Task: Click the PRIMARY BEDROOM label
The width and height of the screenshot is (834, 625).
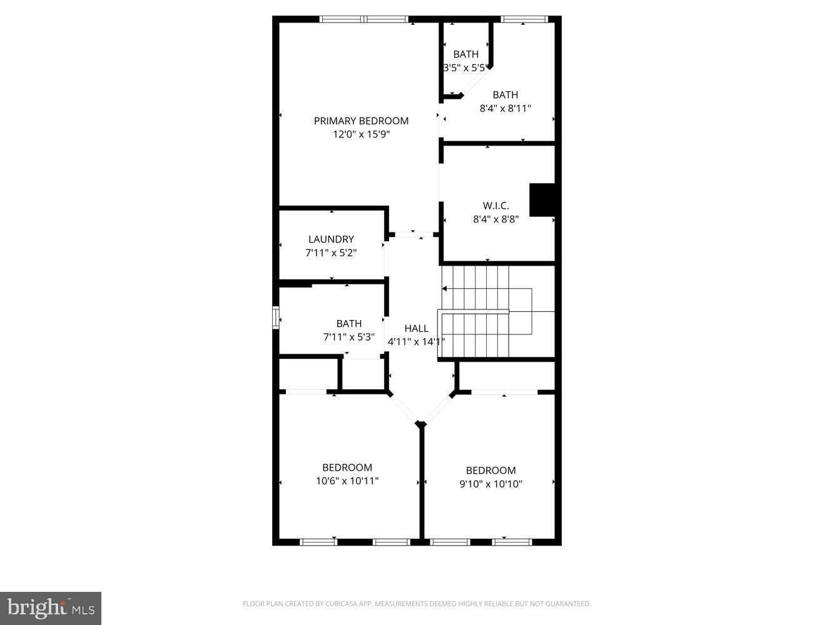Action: (x=361, y=121)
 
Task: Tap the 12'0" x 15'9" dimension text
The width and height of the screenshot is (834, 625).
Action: (x=361, y=134)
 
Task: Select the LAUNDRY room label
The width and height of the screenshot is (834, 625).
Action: (x=331, y=239)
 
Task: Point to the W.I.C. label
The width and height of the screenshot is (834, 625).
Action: (x=496, y=206)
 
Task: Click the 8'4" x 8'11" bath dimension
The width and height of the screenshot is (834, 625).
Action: (x=505, y=108)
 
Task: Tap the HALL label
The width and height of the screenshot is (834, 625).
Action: (x=416, y=328)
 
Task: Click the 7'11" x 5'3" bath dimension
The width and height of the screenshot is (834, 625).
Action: (x=348, y=337)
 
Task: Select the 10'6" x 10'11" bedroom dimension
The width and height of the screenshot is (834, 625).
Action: (x=347, y=481)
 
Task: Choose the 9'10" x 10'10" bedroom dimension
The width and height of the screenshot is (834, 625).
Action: (x=491, y=484)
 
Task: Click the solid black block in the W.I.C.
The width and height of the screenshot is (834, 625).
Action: (x=542, y=200)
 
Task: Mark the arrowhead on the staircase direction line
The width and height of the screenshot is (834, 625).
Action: (x=444, y=289)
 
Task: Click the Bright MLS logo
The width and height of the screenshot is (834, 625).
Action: (x=51, y=608)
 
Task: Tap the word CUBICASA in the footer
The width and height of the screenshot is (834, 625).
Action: (x=339, y=604)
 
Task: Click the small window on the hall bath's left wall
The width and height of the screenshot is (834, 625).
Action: (x=275, y=317)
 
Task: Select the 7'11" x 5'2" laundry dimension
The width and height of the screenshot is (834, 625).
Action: (x=331, y=252)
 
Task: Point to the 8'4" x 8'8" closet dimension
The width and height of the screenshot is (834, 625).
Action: (x=496, y=219)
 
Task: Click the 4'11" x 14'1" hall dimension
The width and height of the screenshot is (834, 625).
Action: (x=416, y=342)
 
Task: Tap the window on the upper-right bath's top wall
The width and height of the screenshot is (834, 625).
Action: (x=524, y=19)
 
